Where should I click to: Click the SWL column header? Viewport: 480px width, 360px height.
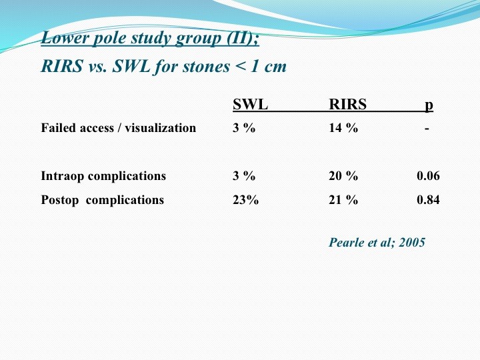click(x=250, y=105)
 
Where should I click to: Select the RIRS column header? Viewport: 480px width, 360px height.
click(x=347, y=105)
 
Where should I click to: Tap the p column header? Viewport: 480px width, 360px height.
click(x=429, y=105)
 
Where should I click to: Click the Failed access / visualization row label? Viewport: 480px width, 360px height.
click(x=119, y=128)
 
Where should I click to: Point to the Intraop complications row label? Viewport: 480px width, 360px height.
click(x=103, y=176)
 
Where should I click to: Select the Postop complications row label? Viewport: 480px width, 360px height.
click(x=103, y=200)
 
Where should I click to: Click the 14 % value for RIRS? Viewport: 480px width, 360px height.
click(x=343, y=127)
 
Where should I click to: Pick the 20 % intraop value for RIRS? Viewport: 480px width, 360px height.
click(x=343, y=176)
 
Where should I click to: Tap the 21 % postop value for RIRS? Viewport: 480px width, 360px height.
click(x=343, y=199)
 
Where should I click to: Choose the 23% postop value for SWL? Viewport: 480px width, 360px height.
click(x=245, y=199)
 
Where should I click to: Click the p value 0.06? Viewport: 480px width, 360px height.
click(x=428, y=176)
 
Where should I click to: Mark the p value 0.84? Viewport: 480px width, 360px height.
click(x=428, y=199)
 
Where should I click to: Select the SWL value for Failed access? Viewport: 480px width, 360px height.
click(x=244, y=127)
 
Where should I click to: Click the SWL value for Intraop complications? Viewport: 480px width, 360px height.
click(x=244, y=176)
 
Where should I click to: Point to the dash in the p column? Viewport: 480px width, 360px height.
click(x=427, y=129)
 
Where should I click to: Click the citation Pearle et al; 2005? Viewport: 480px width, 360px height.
click(x=377, y=243)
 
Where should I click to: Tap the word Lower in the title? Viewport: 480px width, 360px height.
click(x=65, y=38)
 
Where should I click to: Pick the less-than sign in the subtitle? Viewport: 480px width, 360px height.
click(x=241, y=67)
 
